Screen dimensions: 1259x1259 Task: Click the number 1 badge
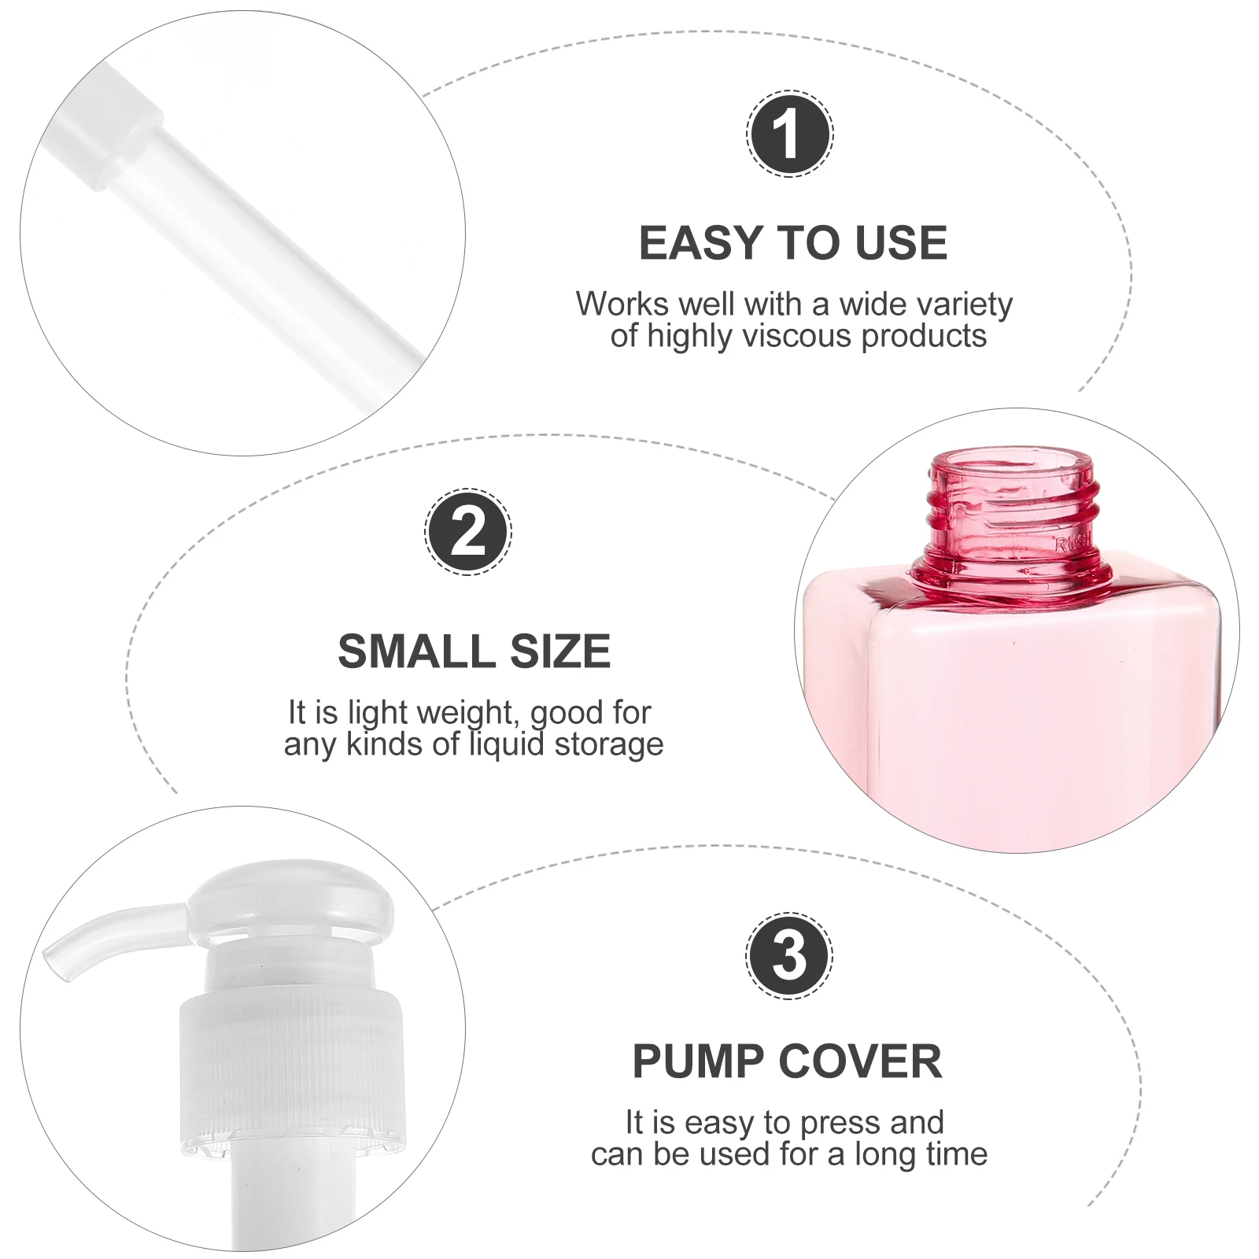789,134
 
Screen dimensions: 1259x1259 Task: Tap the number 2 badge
468,532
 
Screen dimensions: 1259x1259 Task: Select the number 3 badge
789,955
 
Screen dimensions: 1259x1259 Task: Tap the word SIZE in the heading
560,652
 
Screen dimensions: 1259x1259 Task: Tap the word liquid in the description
507,744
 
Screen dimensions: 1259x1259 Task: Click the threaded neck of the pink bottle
1013,511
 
